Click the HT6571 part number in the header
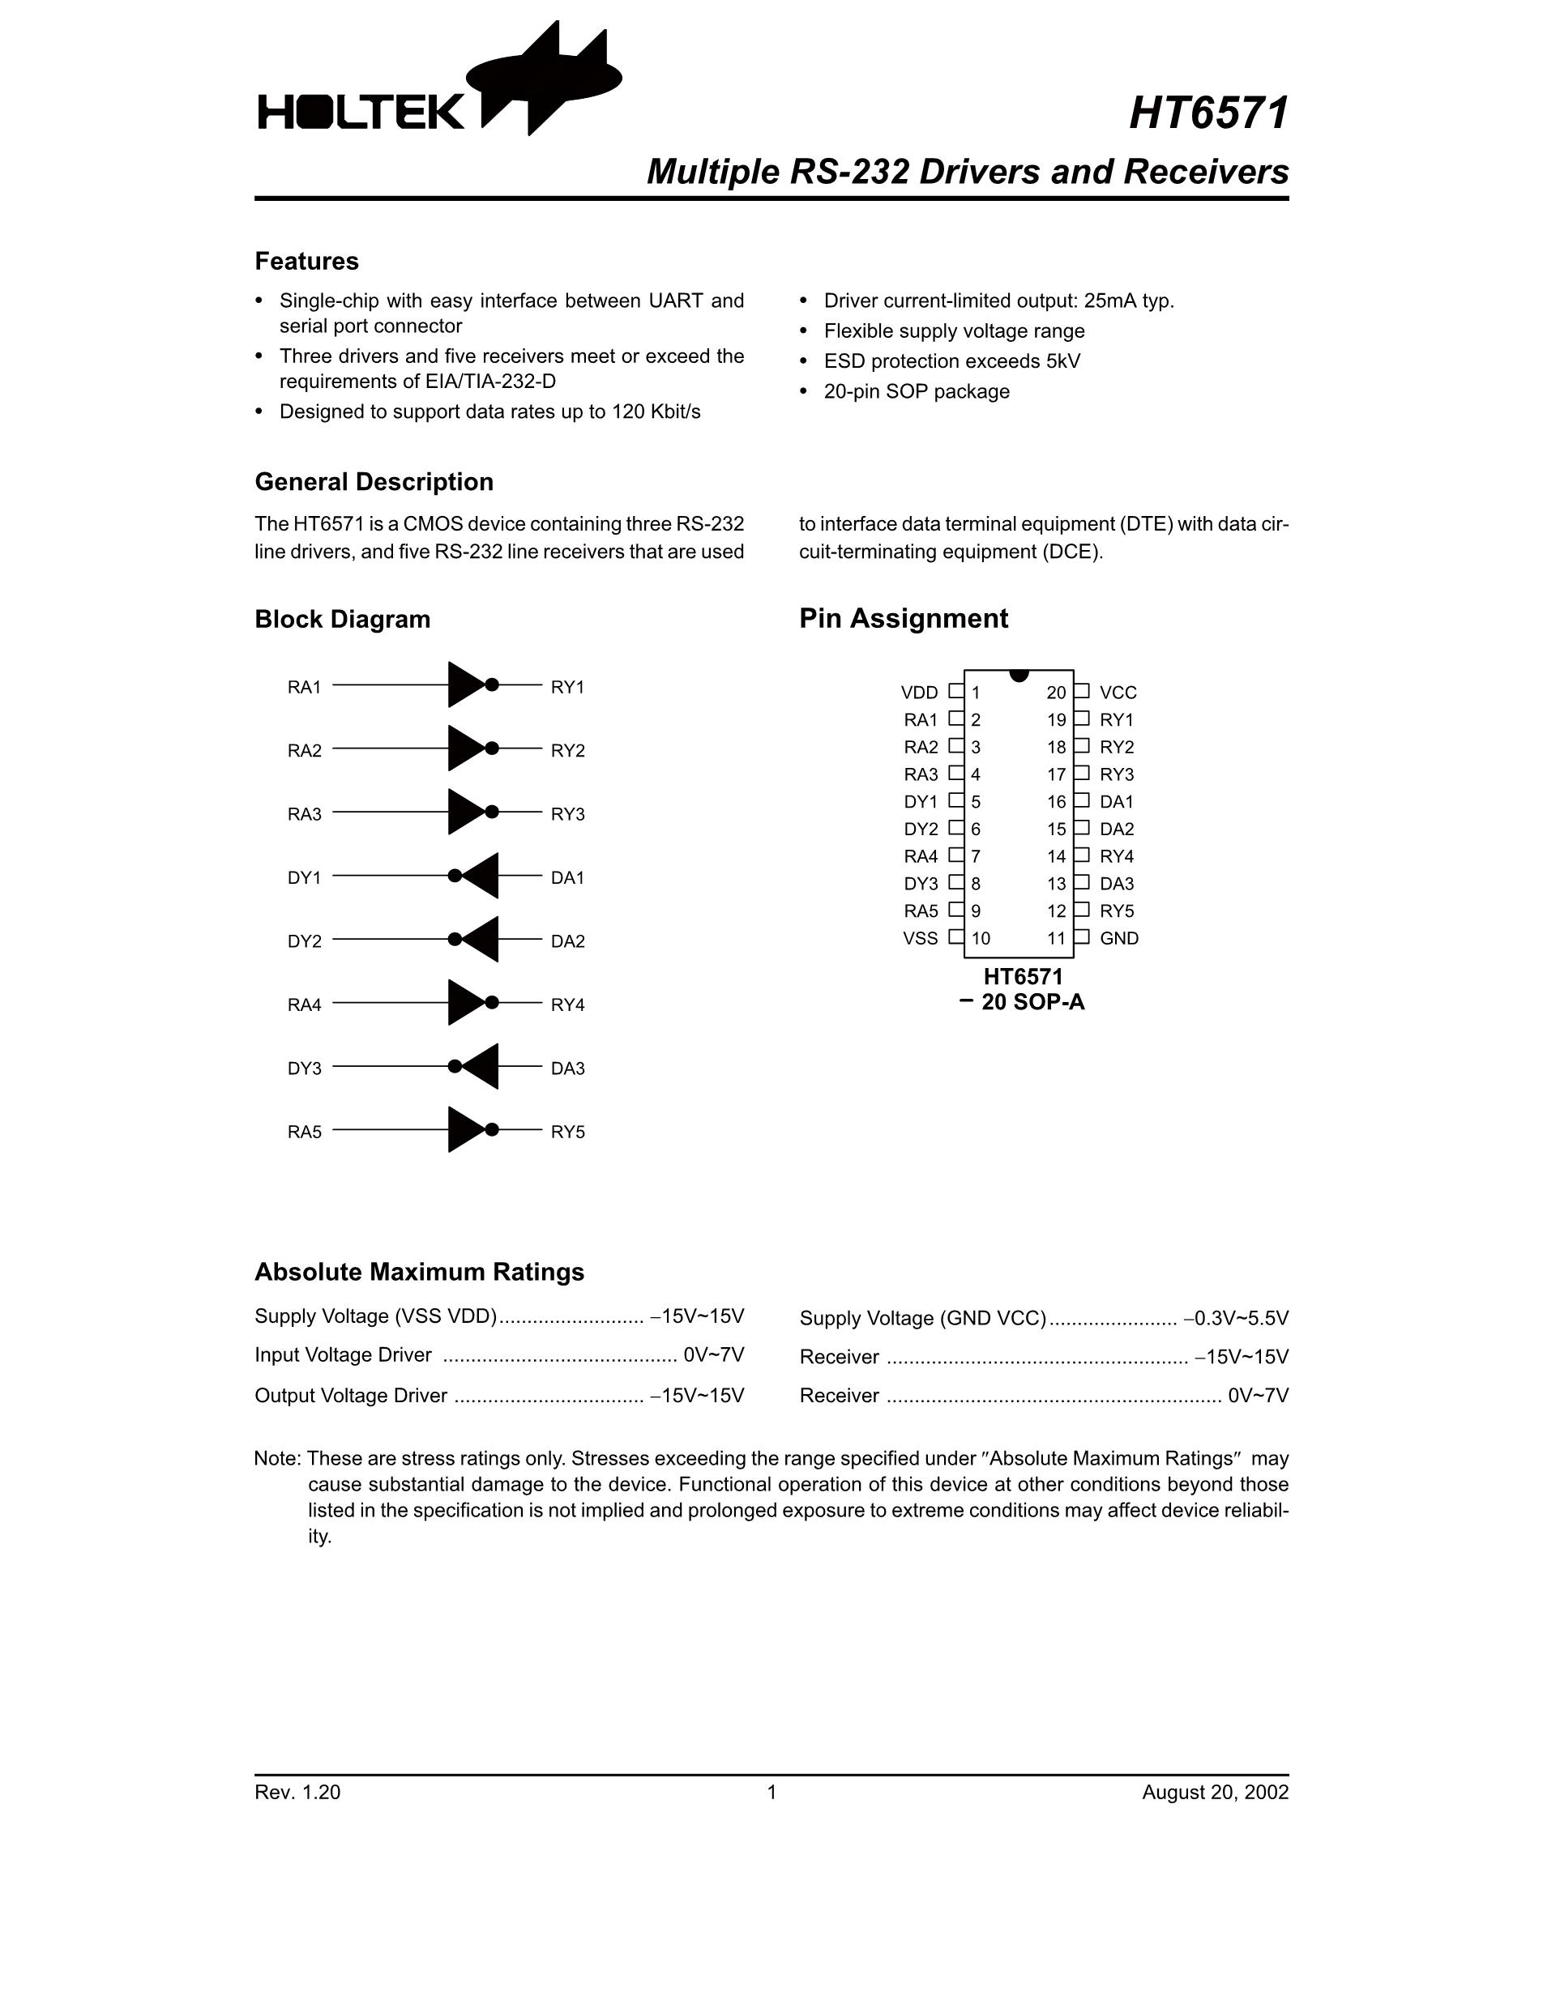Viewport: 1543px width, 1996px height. tap(1208, 113)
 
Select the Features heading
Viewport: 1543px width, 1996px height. tap(306, 262)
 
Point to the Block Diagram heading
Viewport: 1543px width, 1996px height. tap(342, 620)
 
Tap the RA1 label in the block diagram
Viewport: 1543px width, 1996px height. tap(305, 687)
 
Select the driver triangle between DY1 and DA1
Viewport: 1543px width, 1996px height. tap(481, 876)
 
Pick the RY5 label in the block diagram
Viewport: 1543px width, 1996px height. tap(566, 1132)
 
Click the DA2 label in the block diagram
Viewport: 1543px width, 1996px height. tap(566, 941)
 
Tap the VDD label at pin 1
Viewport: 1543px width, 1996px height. tap(919, 693)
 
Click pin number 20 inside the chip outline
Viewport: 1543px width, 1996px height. tap(1056, 693)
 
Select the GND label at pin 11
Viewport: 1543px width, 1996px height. tap(1119, 939)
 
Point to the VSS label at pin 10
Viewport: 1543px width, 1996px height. tap(920, 939)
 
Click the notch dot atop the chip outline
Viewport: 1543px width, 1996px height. tap(1019, 675)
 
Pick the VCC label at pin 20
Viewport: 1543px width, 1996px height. tap(1118, 693)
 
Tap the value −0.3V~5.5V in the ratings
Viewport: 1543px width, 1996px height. tap(1236, 1318)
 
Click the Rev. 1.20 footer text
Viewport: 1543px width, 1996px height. tap(297, 1792)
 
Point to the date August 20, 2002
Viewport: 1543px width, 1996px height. tap(1215, 1792)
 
